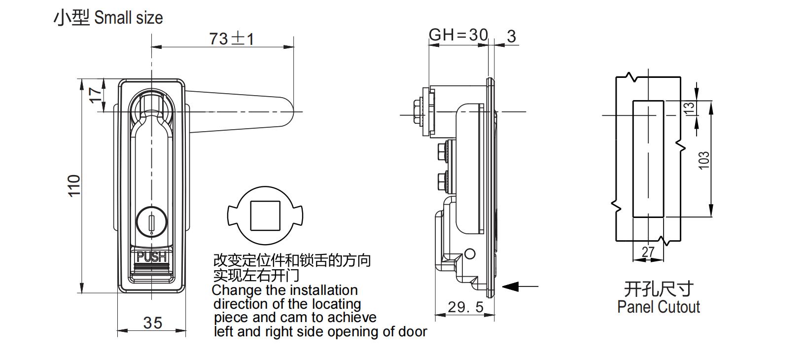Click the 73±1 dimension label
(231, 38)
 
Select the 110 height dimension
(74, 185)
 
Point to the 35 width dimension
(152, 323)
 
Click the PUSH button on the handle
(151, 257)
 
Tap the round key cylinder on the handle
(151, 220)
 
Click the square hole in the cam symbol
(265, 216)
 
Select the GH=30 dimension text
(458, 35)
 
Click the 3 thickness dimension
(511, 36)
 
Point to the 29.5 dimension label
(465, 308)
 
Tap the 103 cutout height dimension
(704, 160)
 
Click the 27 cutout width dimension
(648, 252)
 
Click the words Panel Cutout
(658, 307)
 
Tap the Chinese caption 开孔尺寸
(658, 288)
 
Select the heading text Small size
(128, 18)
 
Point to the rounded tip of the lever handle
(289, 111)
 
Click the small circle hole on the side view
(470, 254)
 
